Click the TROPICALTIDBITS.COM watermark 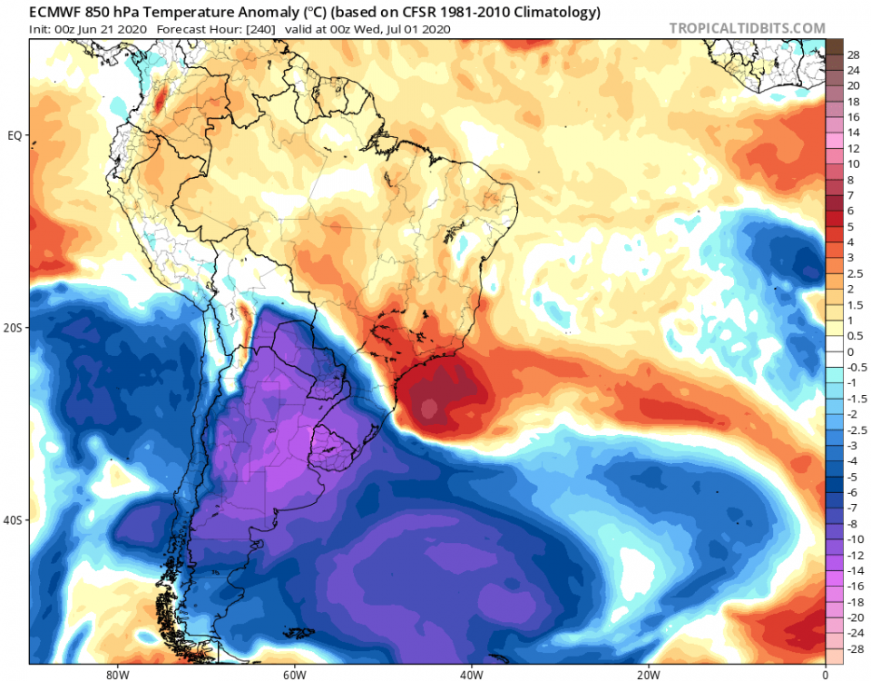click(747, 28)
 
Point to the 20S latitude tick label click(15, 328)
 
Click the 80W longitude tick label click(115, 674)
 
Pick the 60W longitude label click(292, 674)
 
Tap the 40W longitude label click(470, 674)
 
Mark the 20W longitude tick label click(647, 674)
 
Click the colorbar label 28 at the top click(853, 54)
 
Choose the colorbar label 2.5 click(854, 273)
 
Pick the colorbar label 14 click(853, 133)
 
